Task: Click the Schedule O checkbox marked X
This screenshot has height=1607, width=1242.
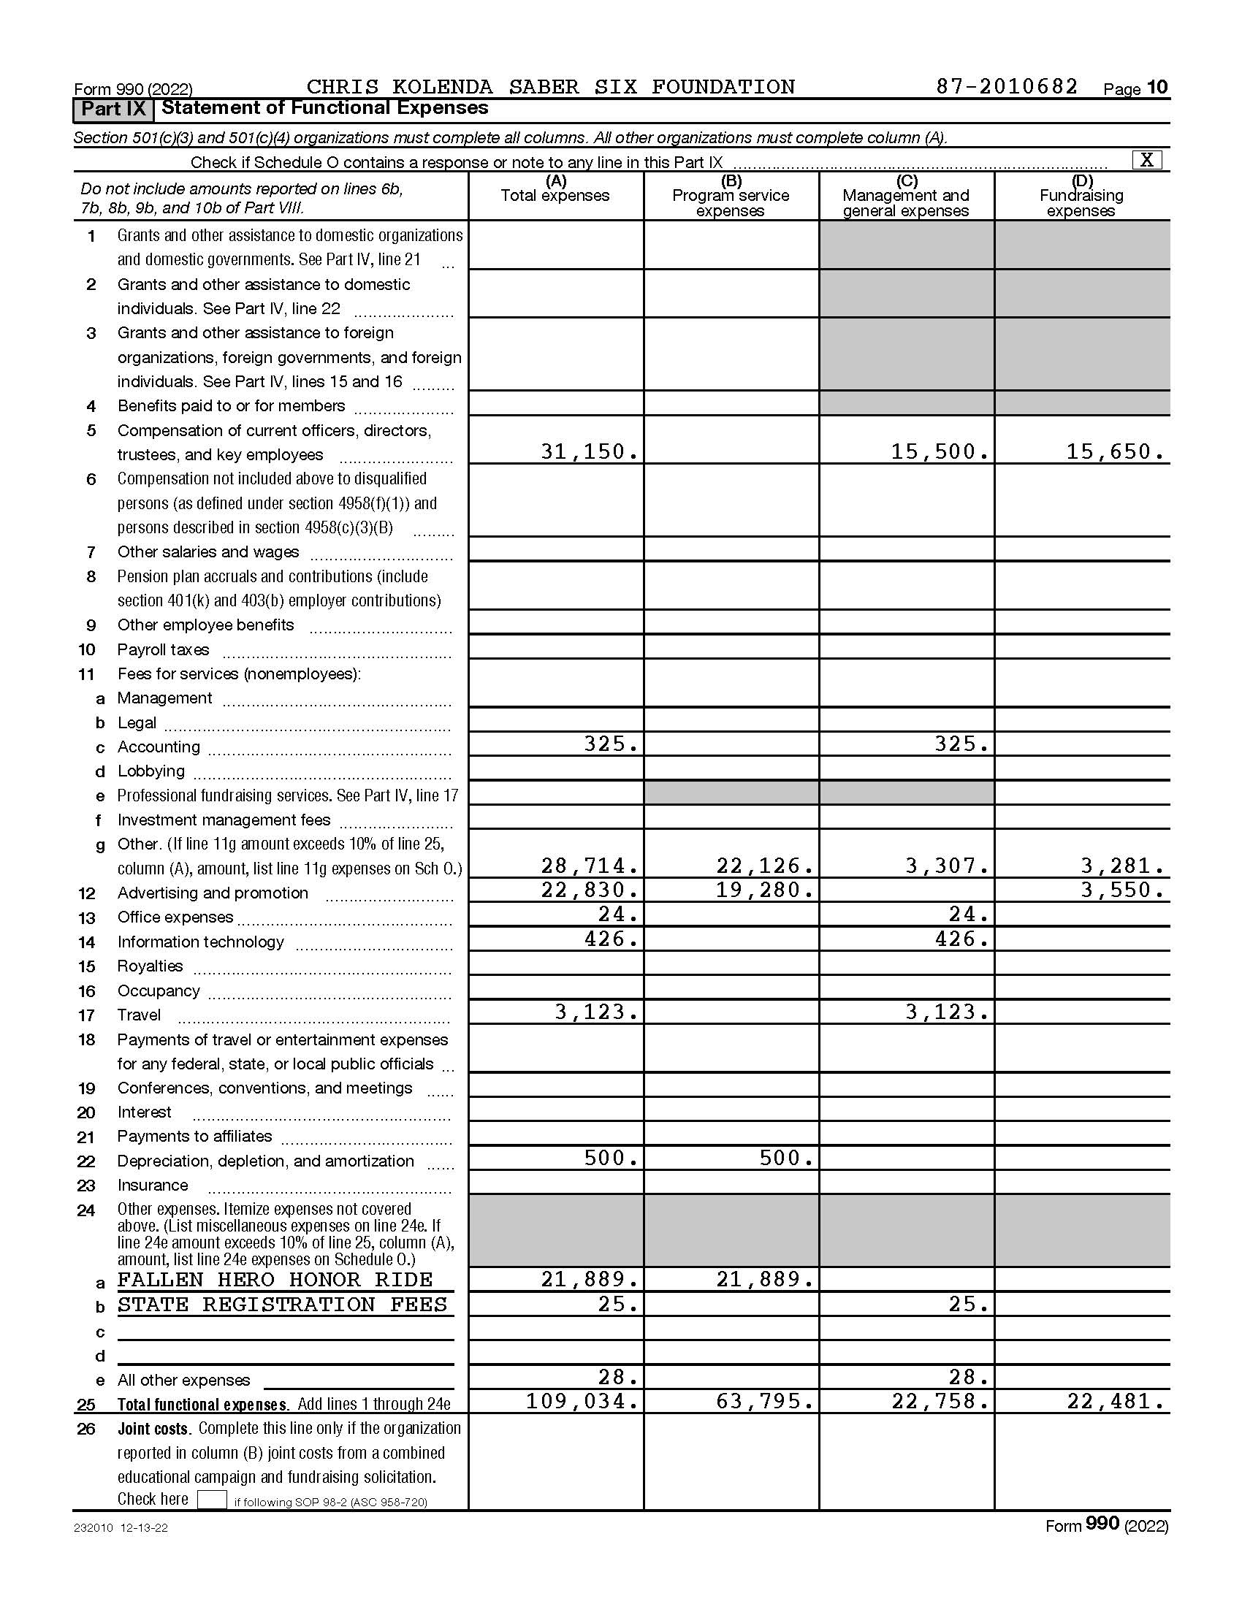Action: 1147,160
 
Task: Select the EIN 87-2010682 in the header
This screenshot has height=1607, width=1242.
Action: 1007,87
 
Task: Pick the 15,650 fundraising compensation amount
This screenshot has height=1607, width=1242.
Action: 1116,451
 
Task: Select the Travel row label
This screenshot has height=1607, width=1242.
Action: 139,1015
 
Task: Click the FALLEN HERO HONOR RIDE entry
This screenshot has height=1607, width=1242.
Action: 275,1280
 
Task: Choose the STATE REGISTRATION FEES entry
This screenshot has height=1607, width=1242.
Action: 283,1305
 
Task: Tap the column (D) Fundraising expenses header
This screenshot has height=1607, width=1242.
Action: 1081,196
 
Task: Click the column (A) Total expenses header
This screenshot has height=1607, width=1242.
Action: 555,190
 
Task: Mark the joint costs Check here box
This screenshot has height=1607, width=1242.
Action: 212,1500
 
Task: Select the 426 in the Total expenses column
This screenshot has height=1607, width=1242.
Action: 611,939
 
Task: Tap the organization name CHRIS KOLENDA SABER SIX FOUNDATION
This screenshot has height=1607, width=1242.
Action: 550,87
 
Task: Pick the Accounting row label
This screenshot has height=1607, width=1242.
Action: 159,747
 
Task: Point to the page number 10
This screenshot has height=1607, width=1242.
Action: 1157,88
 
